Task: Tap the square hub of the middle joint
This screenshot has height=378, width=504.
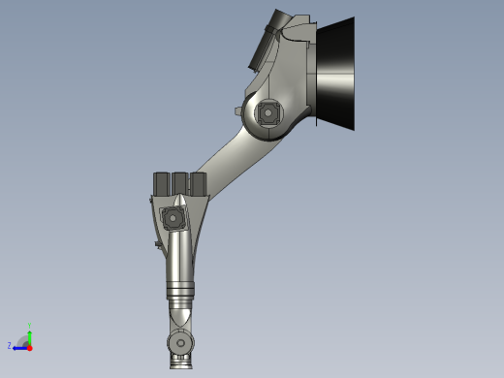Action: point(174,217)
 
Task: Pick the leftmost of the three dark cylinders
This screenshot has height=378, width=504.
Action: point(161,184)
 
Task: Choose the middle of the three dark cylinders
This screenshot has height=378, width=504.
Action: point(179,184)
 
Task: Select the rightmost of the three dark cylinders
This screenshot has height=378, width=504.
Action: point(198,184)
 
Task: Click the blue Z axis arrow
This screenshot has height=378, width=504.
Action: point(19,346)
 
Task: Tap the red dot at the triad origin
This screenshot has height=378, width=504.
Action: point(29,346)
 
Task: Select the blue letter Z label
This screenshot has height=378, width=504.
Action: point(10,345)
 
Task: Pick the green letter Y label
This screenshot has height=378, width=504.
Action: point(31,325)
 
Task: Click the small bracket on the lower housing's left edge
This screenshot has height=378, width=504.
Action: point(157,244)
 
